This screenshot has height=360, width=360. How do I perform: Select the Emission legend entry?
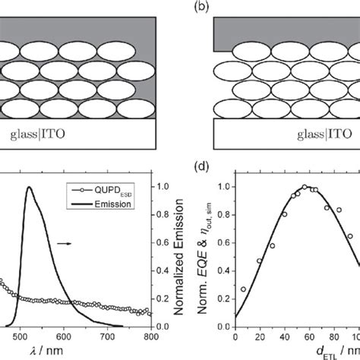tap(114, 203)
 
